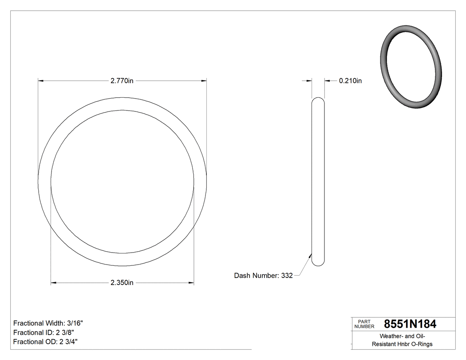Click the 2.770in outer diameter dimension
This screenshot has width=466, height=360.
[122, 81]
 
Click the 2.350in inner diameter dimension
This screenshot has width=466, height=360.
[122, 283]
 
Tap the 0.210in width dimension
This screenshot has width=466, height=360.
[350, 81]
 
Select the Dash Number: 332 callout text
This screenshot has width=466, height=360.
[263, 276]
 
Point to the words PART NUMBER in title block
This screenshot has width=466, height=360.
[364, 324]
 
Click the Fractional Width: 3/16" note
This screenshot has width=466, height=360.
[48, 323]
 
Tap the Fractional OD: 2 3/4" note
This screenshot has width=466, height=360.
[46, 342]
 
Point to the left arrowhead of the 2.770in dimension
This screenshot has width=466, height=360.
[41, 81]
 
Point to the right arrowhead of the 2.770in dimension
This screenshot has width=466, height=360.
[204, 81]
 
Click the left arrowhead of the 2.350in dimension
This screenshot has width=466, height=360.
[54, 283]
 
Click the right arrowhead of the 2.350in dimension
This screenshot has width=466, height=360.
[191, 283]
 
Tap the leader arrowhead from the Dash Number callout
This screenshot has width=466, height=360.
[310, 255]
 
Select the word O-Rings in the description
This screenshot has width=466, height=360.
[422, 344]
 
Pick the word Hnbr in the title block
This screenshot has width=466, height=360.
[405, 344]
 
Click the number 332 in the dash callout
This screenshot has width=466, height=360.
[287, 276]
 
